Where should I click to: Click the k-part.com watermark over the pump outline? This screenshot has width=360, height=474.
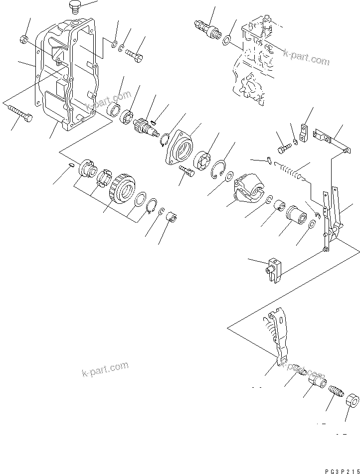307,58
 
